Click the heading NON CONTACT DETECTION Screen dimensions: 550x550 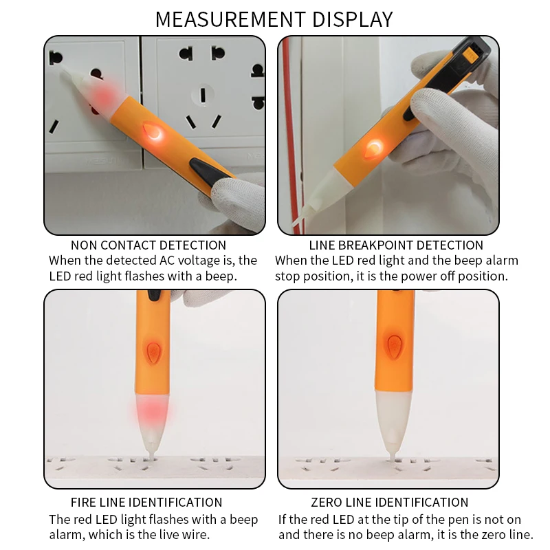coord(148,245)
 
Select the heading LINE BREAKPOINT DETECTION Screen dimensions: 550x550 coord(396,245)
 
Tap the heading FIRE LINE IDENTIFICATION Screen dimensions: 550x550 coord(146,503)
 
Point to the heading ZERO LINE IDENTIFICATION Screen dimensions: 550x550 coord(390,503)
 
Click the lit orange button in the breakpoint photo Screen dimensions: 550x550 coord(375,145)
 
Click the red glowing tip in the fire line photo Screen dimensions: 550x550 coord(148,412)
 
